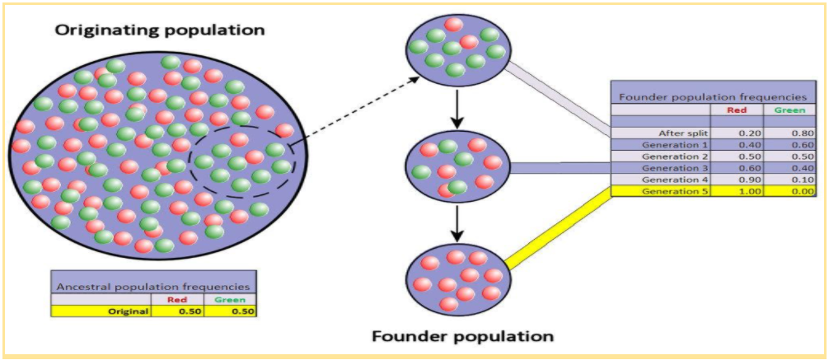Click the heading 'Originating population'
click(159, 30)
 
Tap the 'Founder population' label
click(462, 336)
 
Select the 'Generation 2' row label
click(673, 156)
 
